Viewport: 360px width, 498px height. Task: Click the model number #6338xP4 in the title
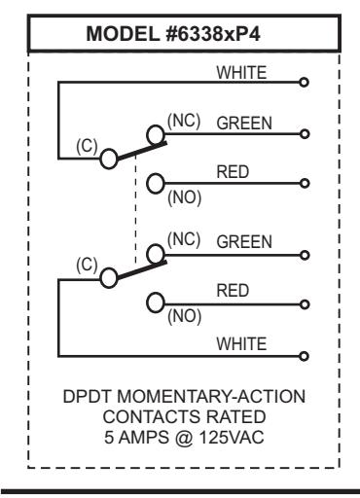[213, 34]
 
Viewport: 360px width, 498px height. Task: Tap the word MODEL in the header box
[124, 34]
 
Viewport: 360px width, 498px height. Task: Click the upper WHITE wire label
[241, 72]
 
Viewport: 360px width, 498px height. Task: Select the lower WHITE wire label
[241, 343]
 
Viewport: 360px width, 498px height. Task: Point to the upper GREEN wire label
[244, 124]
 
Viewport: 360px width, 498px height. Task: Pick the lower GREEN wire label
[244, 242]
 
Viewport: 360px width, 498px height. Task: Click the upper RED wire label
[233, 172]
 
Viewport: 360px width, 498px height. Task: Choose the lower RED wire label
[233, 291]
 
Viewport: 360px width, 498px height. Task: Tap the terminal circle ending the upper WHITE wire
[304, 82]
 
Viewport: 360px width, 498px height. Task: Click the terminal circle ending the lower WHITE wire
[304, 356]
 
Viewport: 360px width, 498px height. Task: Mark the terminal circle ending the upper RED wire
[305, 183]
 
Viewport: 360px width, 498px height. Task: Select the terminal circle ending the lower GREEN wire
[305, 256]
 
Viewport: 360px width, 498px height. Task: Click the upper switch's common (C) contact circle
[108, 159]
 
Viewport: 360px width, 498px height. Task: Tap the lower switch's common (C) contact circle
[108, 278]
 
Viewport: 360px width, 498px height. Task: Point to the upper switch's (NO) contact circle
[156, 184]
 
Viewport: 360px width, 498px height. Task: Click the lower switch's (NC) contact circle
[156, 254]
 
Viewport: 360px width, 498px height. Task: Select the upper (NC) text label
[184, 121]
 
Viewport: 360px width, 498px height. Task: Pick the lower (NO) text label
[184, 316]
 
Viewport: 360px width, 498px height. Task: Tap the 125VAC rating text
[232, 438]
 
